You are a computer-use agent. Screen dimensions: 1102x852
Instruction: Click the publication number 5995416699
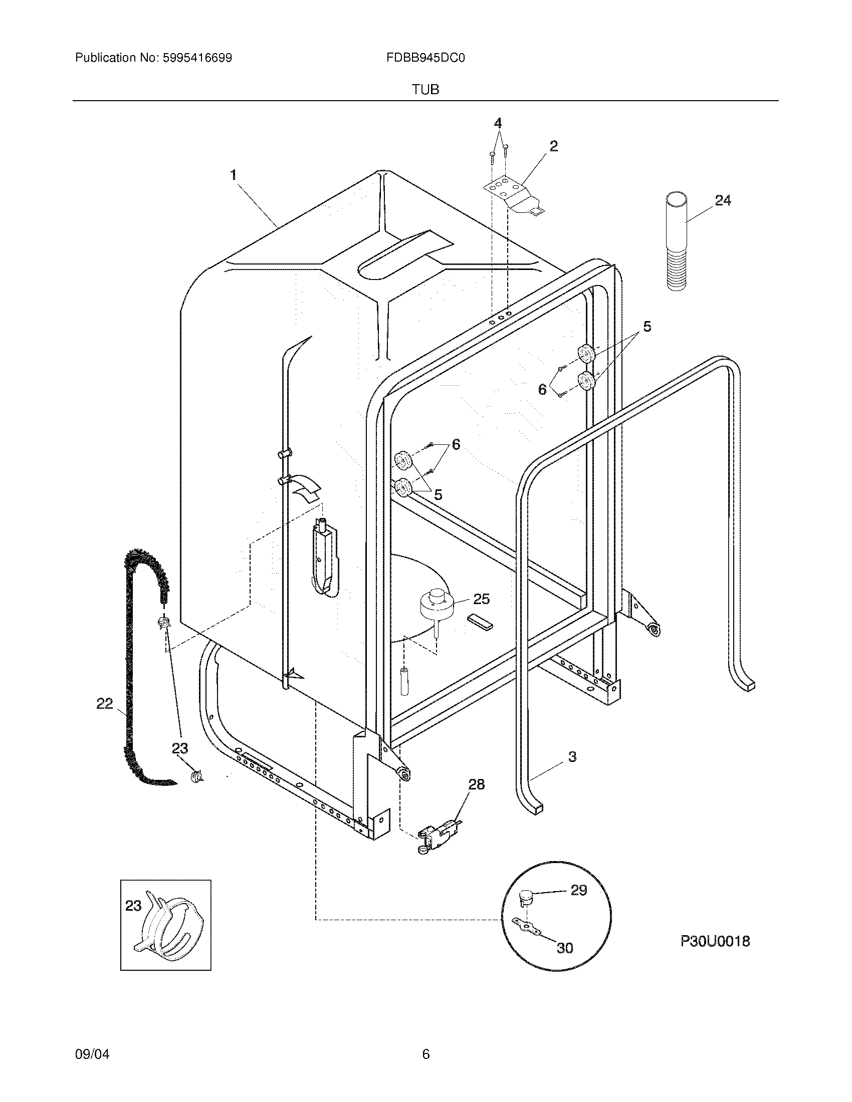coord(197,58)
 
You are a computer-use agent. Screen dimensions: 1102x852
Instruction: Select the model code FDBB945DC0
coord(425,58)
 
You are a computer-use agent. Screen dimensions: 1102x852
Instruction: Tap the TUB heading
coord(425,90)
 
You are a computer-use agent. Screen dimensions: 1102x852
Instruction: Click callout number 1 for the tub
coord(233,175)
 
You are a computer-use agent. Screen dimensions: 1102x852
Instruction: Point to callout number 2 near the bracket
coord(553,146)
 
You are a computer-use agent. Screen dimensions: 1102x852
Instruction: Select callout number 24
coord(722,200)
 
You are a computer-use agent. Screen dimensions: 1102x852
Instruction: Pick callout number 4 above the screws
coord(498,123)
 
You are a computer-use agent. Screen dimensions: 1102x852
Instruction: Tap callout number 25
coord(481,599)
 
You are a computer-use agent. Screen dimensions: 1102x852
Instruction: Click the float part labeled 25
coord(436,606)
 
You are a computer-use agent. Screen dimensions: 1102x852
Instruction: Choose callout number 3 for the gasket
coord(572,770)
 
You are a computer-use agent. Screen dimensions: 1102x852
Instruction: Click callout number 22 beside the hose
coord(104,703)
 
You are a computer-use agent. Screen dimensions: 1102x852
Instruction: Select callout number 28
coord(476,784)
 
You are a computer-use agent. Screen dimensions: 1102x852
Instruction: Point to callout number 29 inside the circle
coord(578,890)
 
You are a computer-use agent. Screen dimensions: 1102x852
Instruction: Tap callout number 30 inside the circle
coord(565,948)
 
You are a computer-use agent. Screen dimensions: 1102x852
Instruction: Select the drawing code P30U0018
coord(715,941)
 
